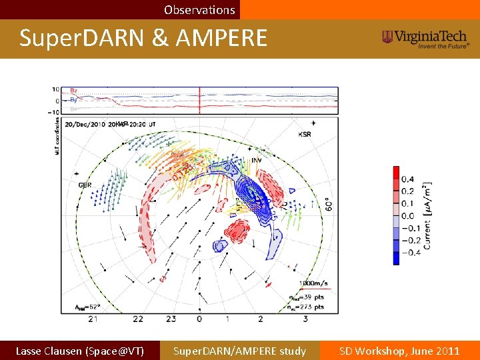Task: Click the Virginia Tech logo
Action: tap(426, 39)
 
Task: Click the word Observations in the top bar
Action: tap(199, 10)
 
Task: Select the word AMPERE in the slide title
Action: tap(221, 38)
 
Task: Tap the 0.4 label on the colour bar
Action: tap(407, 179)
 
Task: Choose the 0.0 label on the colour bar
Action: tap(407, 215)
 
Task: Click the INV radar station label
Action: tap(257, 160)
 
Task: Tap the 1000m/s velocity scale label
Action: tap(312, 283)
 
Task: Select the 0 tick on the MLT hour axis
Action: tap(199, 319)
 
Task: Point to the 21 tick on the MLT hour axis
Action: tap(94, 319)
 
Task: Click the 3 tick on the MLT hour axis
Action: tap(305, 319)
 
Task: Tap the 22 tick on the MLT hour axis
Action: tap(137, 319)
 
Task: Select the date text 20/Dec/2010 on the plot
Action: tap(85, 124)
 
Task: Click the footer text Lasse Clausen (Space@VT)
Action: tap(79, 351)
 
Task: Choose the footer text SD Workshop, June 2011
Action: tap(399, 351)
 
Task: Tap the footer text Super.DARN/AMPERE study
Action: tap(239, 351)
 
